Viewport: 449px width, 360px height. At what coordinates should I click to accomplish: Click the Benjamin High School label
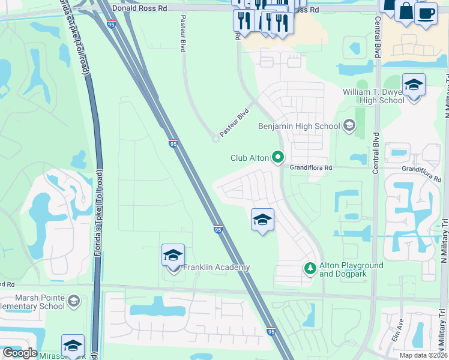click(x=298, y=126)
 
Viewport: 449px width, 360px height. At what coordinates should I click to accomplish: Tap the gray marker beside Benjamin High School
click(x=349, y=125)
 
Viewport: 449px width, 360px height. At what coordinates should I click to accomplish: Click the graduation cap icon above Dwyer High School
click(x=414, y=86)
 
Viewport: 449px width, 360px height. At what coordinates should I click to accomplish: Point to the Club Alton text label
click(x=250, y=158)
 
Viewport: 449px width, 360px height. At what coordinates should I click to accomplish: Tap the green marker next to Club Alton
click(x=278, y=158)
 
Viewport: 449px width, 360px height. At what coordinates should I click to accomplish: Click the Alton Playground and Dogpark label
click(x=351, y=269)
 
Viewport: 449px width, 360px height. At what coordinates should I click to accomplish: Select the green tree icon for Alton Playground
click(x=310, y=268)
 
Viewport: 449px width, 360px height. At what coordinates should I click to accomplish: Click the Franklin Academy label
click(x=216, y=268)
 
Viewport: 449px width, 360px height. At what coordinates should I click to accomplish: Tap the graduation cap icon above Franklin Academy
click(x=173, y=256)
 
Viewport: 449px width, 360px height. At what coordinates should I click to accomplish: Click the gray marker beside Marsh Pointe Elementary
click(x=74, y=301)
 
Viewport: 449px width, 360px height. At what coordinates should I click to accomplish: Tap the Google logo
click(x=20, y=353)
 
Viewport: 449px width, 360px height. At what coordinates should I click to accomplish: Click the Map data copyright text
click(x=424, y=355)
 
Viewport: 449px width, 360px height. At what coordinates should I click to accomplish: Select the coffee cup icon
click(x=426, y=13)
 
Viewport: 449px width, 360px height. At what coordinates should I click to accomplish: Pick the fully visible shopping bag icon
click(x=406, y=11)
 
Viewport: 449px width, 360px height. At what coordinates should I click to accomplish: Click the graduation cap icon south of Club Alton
click(x=262, y=221)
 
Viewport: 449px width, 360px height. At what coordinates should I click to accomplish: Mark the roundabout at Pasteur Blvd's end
click(x=215, y=139)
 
